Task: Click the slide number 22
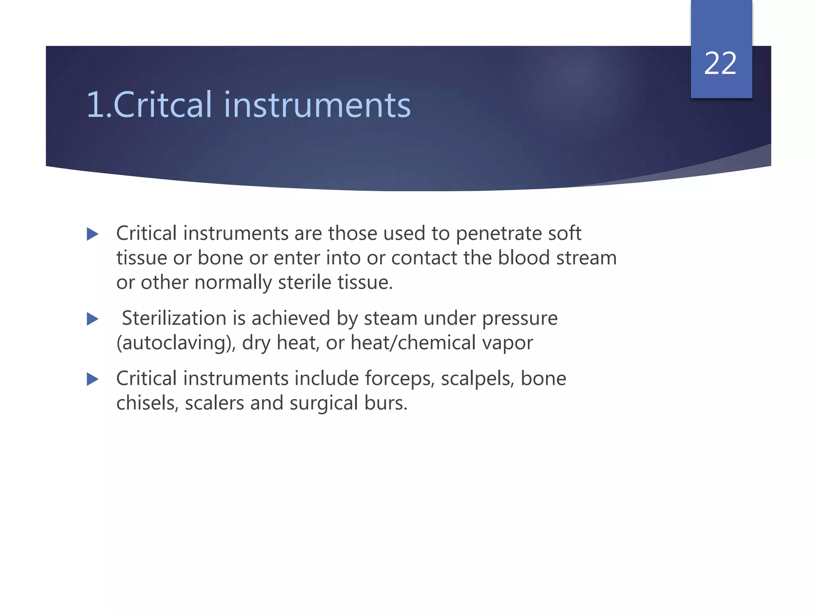tap(720, 64)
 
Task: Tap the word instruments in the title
tap(317, 105)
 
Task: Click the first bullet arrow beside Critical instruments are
tap(92, 234)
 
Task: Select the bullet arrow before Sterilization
tap(92, 319)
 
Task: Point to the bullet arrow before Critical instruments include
tap(92, 379)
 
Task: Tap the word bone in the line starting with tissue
tap(220, 258)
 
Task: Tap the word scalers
tap(214, 403)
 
